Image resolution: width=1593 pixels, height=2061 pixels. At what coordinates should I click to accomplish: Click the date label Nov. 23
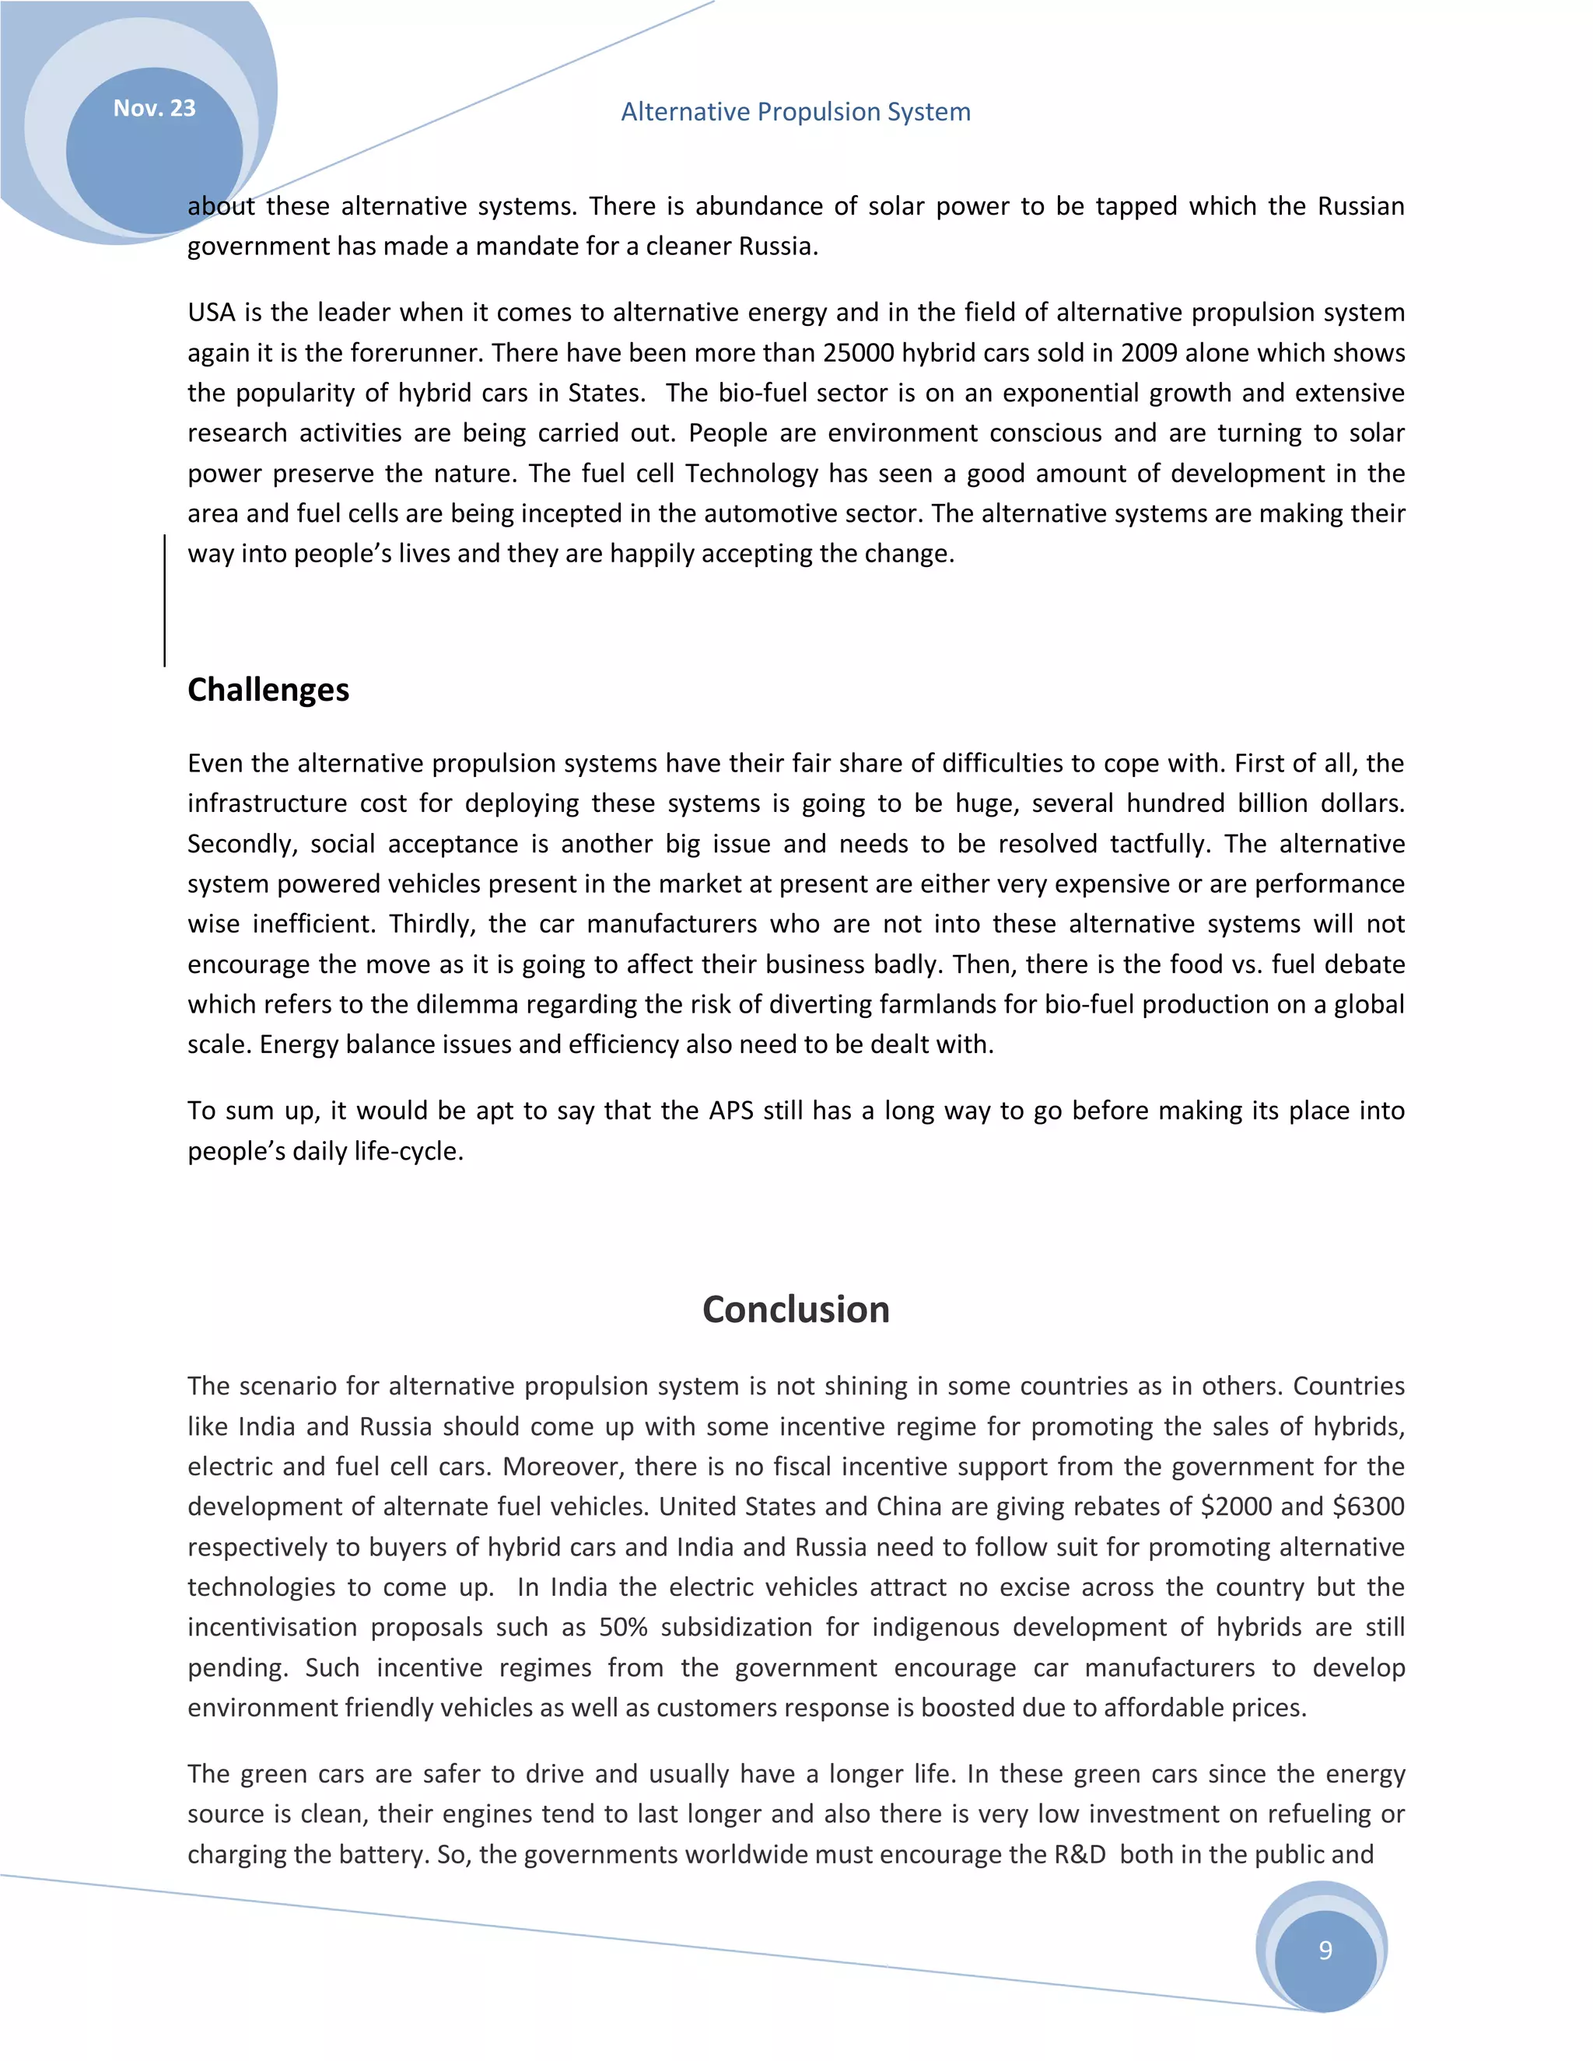154,109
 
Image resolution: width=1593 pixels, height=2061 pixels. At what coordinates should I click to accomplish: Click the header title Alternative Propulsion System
796,111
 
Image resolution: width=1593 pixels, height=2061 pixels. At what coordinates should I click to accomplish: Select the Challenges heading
268,690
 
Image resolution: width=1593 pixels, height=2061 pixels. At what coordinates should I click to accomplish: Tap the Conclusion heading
796,1310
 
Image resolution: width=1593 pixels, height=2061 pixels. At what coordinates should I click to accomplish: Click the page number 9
1325,1951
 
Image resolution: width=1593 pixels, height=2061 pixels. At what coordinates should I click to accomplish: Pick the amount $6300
1367,1506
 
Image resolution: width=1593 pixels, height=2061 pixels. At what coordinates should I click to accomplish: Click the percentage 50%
623,1627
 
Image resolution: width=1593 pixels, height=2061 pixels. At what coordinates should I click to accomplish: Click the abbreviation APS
730,1111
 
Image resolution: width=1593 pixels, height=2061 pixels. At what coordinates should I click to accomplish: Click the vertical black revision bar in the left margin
164,600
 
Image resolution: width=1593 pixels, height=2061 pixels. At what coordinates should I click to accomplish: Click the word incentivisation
271,1627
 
